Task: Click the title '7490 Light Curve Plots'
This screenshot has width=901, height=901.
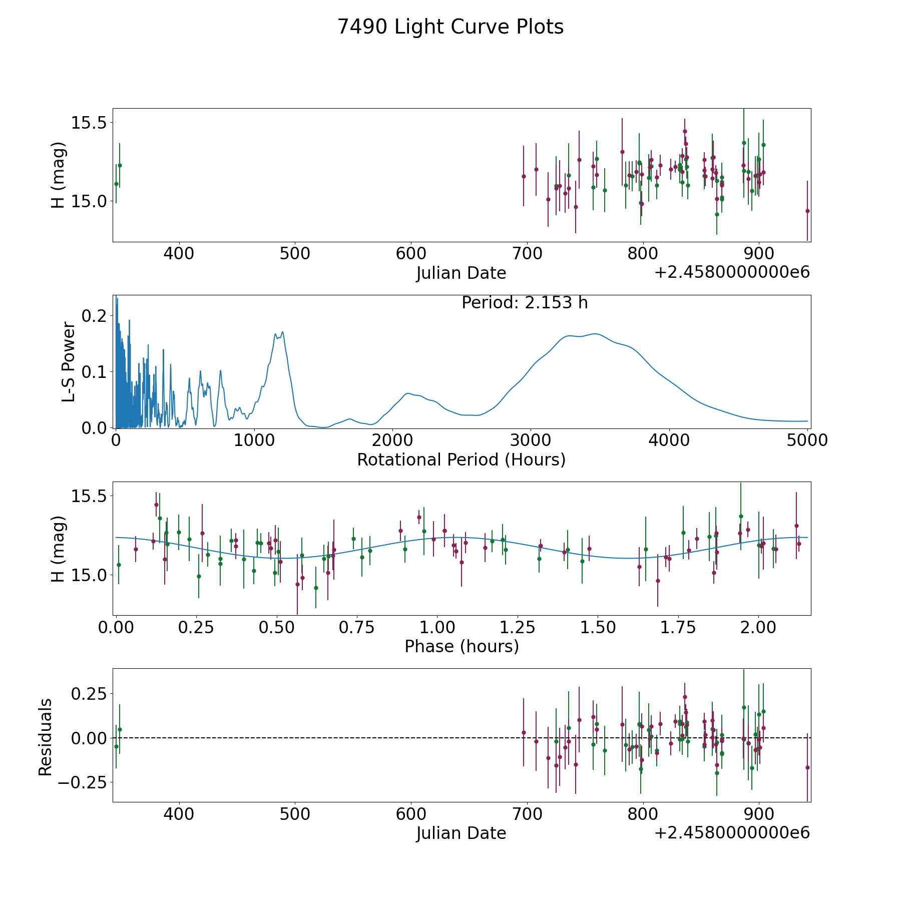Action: (x=450, y=27)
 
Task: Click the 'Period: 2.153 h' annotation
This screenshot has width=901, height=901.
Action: (x=525, y=303)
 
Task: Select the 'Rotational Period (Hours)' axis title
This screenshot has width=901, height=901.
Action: (x=461, y=460)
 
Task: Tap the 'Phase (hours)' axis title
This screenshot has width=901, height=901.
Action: (x=462, y=646)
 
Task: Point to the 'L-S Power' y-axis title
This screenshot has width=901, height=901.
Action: (x=69, y=361)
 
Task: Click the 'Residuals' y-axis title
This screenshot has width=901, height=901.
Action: (x=46, y=737)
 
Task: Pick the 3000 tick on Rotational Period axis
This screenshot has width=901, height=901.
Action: (x=531, y=440)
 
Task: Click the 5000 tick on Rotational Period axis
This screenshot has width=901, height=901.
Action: (x=807, y=440)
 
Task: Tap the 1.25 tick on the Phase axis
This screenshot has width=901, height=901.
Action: (x=598, y=628)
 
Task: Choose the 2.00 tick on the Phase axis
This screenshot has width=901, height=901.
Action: (x=759, y=628)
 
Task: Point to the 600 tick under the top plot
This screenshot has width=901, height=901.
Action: (x=411, y=254)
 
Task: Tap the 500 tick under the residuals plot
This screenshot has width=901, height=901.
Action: (x=295, y=814)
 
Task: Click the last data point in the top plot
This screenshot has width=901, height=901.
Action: (x=807, y=211)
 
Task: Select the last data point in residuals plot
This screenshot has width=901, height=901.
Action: (x=807, y=767)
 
